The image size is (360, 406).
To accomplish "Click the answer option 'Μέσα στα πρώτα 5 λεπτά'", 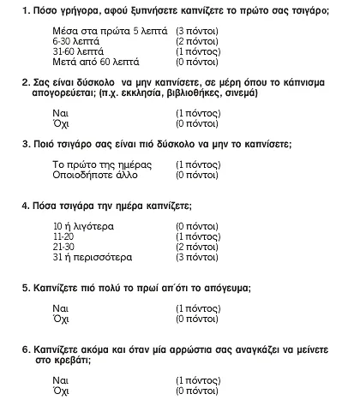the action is click(101, 30).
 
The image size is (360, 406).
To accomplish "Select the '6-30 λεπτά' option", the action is click(75, 40).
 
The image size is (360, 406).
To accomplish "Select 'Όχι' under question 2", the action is click(60, 124).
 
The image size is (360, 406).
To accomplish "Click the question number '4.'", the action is click(26, 206).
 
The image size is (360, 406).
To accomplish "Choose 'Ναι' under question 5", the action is click(60, 307).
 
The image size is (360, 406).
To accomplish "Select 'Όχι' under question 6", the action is click(60, 390).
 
